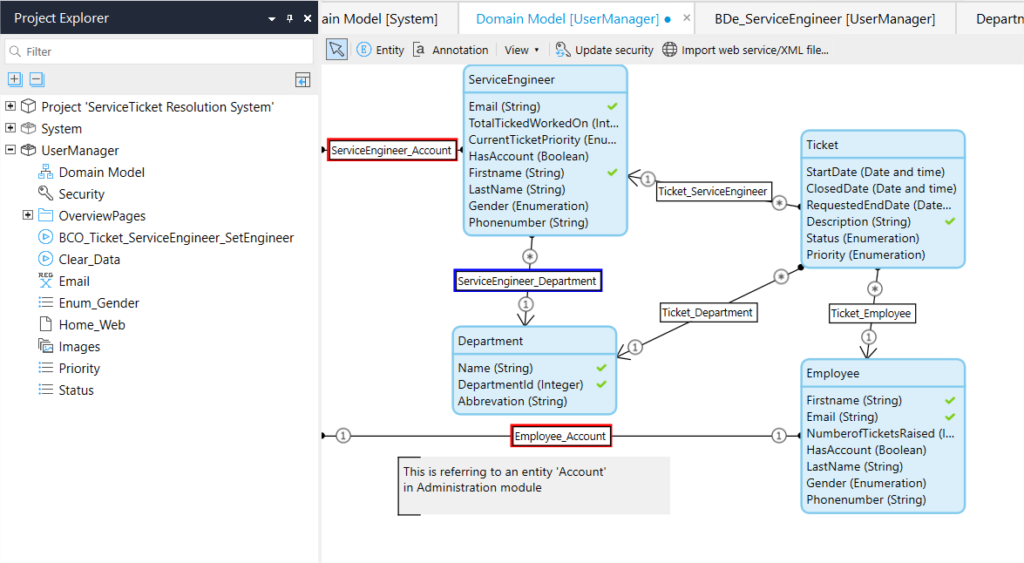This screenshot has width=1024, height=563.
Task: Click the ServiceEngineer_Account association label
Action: (x=391, y=150)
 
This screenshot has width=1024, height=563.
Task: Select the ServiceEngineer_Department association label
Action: (x=527, y=281)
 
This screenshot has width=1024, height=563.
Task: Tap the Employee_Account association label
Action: (x=560, y=436)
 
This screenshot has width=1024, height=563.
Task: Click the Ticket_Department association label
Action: (x=707, y=312)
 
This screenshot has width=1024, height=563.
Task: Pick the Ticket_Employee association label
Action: (x=871, y=314)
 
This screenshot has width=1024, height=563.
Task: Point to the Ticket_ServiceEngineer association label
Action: (x=712, y=191)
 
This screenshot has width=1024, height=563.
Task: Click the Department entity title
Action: (x=490, y=341)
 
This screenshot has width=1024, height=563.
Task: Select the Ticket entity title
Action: (x=822, y=145)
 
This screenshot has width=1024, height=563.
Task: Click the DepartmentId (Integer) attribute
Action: (x=520, y=385)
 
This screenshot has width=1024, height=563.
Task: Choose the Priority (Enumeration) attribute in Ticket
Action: (x=865, y=255)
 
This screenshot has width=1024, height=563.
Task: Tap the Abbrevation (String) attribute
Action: (x=512, y=401)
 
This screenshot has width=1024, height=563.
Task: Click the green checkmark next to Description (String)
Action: (x=950, y=221)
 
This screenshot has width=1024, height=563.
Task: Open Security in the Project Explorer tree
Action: (x=81, y=194)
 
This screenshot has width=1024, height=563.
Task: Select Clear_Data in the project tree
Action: (x=89, y=259)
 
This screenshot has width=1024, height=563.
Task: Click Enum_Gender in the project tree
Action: (x=99, y=303)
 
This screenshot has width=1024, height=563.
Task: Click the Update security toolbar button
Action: (x=604, y=50)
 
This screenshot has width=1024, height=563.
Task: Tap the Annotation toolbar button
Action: (x=451, y=50)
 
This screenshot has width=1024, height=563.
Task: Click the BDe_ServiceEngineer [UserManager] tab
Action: (x=824, y=19)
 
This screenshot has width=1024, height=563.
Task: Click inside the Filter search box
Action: (x=160, y=52)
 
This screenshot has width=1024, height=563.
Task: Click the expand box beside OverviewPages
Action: (x=27, y=215)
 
